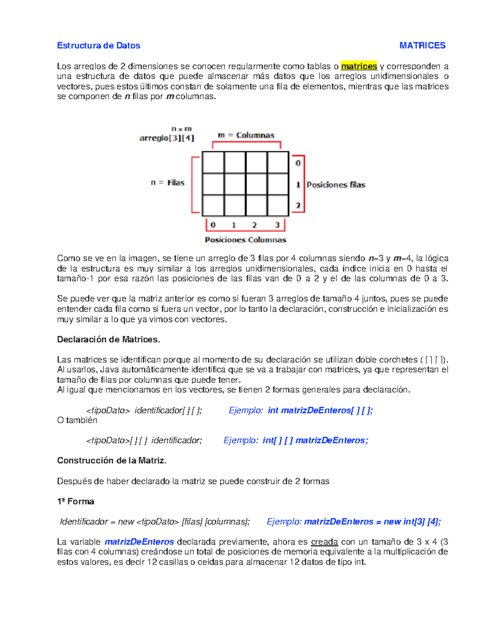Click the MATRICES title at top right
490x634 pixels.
click(x=422, y=45)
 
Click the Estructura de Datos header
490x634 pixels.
click(x=98, y=45)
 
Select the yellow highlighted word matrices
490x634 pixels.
click(x=359, y=66)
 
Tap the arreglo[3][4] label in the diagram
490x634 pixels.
click(x=167, y=138)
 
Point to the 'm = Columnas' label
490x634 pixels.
click(x=246, y=135)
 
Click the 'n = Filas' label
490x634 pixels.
click(x=167, y=182)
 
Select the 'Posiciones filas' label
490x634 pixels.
click(x=336, y=185)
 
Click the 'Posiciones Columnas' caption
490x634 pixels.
click(x=245, y=240)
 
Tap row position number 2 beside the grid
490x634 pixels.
click(x=298, y=205)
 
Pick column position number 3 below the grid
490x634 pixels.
click(x=277, y=225)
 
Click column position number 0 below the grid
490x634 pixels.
click(x=213, y=225)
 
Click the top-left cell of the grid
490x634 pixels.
click(x=213, y=162)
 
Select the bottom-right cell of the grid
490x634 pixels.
click(x=278, y=205)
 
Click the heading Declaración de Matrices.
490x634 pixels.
click(x=108, y=339)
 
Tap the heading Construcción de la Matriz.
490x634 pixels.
click(x=111, y=460)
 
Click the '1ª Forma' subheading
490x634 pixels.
click(x=76, y=501)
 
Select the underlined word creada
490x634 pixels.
click(x=324, y=542)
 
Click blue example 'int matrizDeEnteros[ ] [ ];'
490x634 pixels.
click(x=320, y=410)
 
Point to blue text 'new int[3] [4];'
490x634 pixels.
click(x=412, y=521)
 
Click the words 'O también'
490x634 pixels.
click(x=77, y=420)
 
